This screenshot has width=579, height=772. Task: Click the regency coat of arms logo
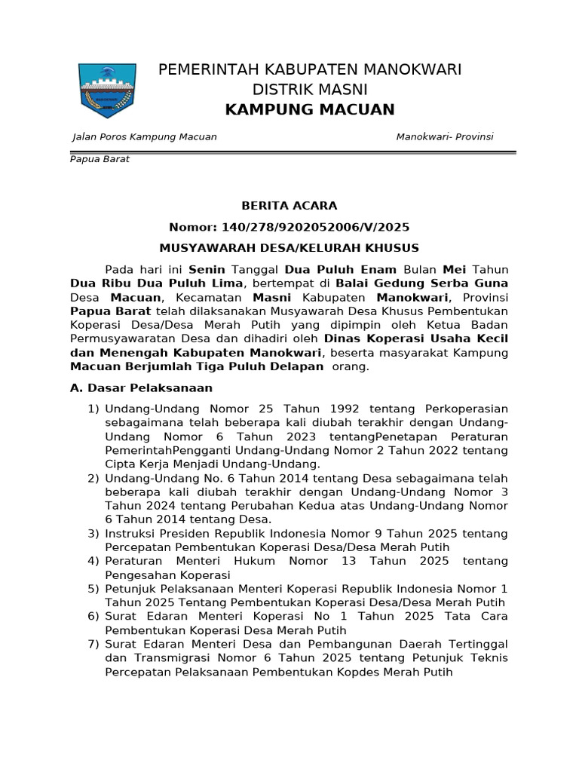pyautogui.click(x=109, y=90)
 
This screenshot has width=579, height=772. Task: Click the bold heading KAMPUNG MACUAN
pyautogui.click(x=310, y=110)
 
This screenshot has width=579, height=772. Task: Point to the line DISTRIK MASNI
pyautogui.click(x=309, y=90)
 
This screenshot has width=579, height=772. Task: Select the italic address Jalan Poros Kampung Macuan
pyautogui.click(x=144, y=136)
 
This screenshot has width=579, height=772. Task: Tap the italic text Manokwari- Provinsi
pyautogui.click(x=445, y=136)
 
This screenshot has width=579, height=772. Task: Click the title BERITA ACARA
pyautogui.click(x=289, y=205)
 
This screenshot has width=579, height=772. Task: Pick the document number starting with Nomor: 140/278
pyautogui.click(x=289, y=226)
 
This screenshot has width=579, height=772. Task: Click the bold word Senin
pyautogui.click(x=207, y=269)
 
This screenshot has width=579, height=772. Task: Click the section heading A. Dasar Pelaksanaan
pyautogui.click(x=141, y=388)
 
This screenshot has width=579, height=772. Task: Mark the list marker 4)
pyautogui.click(x=93, y=561)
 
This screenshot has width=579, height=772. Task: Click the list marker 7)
pyautogui.click(x=93, y=644)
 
